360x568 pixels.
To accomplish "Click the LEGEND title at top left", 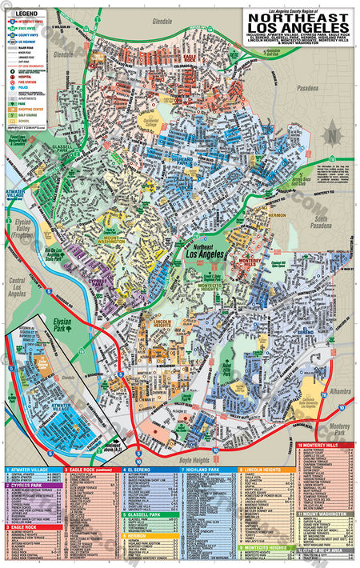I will pos(27,14).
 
